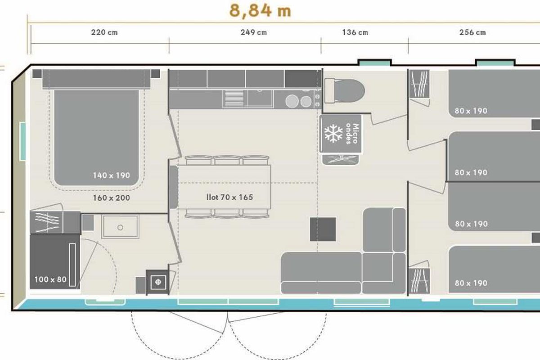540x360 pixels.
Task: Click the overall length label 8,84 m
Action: click(x=260, y=11)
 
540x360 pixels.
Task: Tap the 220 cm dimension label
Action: click(x=104, y=32)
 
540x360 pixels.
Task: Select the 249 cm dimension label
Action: click(x=254, y=32)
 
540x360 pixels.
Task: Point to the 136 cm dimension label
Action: click(x=355, y=32)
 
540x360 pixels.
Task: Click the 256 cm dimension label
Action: click(x=472, y=32)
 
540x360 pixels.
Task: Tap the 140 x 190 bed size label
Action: click(x=112, y=175)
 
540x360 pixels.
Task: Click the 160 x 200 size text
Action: click(x=112, y=198)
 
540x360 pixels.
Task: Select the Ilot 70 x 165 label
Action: click(x=230, y=197)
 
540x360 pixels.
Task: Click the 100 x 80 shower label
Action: click(x=50, y=279)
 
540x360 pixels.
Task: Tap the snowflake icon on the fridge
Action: click(x=333, y=133)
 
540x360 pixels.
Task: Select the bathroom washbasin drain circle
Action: click(x=120, y=227)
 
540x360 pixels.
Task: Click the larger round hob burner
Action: click(x=292, y=101)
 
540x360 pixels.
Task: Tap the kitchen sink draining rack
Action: click(x=233, y=98)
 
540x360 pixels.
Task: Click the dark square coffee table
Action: click(x=323, y=229)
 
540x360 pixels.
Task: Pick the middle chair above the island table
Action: click(x=227, y=160)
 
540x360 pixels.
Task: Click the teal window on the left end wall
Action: click(x=22, y=141)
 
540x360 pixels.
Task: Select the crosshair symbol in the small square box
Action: click(x=158, y=282)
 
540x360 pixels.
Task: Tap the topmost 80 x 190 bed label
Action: click(x=471, y=111)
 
